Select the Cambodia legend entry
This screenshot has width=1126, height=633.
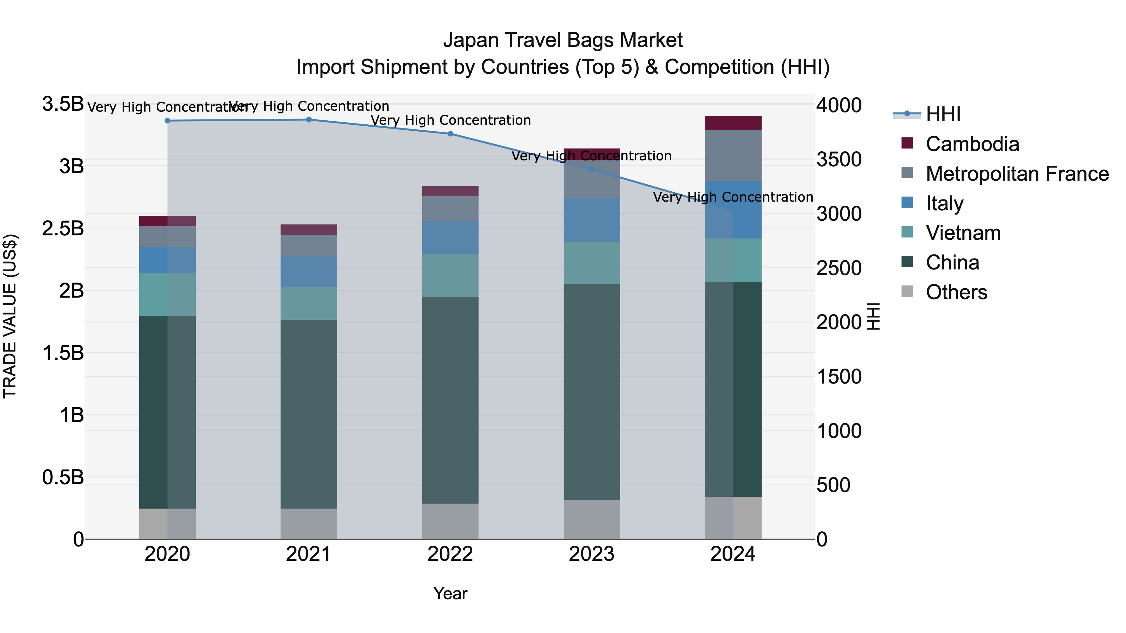(972, 144)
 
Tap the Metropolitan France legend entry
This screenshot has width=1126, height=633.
(1017, 174)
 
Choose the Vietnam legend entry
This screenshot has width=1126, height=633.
(963, 233)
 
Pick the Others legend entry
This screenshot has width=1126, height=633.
(956, 292)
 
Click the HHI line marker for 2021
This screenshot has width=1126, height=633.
(309, 120)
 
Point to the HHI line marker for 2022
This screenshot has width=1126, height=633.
(450, 134)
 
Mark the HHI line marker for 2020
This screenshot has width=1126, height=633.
(167, 121)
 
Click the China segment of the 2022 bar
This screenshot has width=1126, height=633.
(450, 400)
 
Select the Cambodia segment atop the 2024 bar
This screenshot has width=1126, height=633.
(733, 123)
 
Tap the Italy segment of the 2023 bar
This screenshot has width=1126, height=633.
(591, 220)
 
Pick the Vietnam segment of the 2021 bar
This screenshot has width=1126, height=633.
(309, 303)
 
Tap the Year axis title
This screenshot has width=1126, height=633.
(450, 594)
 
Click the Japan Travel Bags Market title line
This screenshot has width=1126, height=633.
(563, 40)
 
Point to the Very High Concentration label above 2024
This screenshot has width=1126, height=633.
(733, 198)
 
